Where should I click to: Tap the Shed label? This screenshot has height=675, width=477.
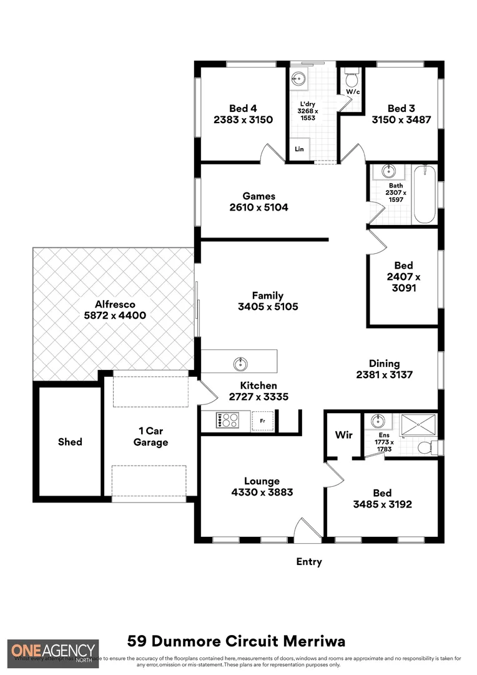coord(70,442)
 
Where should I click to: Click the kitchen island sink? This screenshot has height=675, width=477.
coord(240,363)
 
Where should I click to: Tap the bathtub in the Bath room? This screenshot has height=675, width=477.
coord(424,194)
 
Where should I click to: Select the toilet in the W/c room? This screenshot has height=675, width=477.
coord(352,79)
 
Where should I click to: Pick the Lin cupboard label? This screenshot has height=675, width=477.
coord(299,149)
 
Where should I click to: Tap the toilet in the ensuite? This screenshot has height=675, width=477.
coord(426,447)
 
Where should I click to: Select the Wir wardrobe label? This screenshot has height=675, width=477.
coord(344,435)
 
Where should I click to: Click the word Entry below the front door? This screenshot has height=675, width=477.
coord(309,562)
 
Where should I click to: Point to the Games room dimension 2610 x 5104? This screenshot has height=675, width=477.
coord(259,207)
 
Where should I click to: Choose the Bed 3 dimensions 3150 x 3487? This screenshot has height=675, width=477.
coord(401,120)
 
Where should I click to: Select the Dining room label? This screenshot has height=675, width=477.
coord(384,363)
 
